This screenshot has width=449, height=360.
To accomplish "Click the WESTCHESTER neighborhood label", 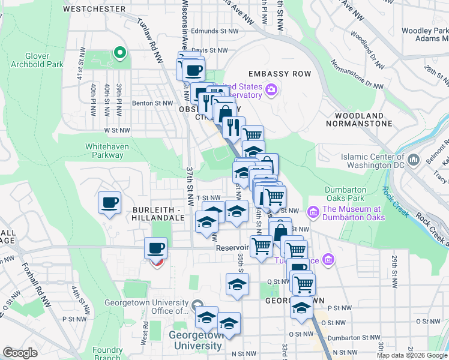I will coord(94,9).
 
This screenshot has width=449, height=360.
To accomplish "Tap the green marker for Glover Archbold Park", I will coord(119,53).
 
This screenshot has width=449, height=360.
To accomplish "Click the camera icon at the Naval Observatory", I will coord(271,90).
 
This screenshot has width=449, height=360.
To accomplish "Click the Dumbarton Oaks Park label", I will coord(345,194).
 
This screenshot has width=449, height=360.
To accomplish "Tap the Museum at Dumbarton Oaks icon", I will coord(313,212).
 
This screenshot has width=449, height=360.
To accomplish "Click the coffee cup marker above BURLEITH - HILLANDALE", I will coord(109,203).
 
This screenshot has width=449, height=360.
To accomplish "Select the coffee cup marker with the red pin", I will coord(156,248).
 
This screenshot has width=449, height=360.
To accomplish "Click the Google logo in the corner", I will coord(20,353).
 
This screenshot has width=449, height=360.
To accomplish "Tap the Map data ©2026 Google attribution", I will coord(411,355).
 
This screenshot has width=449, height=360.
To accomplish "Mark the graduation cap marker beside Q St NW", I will coord(237,285).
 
